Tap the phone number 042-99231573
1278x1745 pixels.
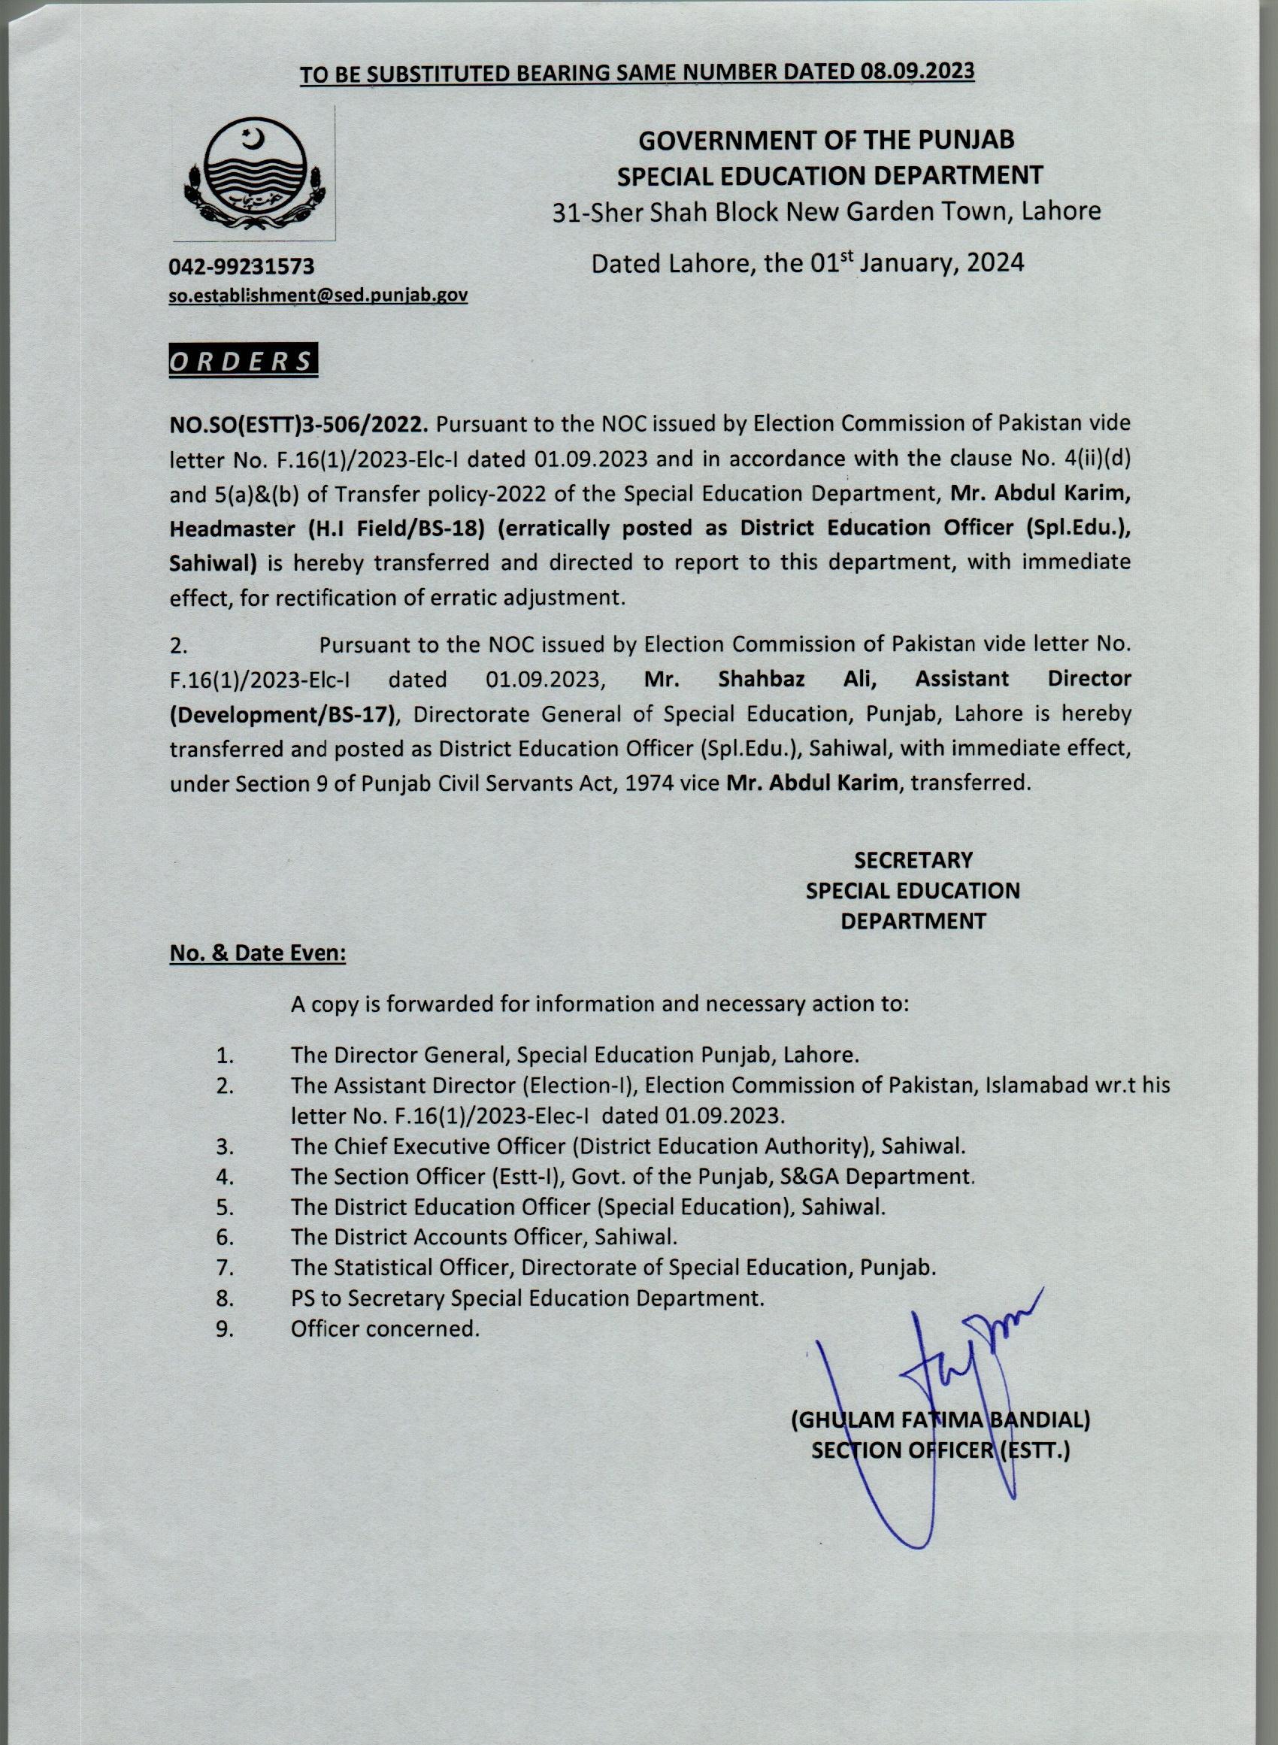241,267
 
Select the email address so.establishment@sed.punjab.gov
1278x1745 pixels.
318,295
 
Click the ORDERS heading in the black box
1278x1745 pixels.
242,362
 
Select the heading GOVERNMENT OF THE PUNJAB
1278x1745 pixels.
825,140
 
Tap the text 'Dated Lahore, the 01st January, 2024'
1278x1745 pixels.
807,263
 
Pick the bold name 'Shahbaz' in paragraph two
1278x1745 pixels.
762,679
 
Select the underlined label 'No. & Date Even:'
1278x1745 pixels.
258,954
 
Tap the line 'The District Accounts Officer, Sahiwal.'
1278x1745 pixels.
484,1237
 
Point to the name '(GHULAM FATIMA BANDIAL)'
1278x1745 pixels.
939,1420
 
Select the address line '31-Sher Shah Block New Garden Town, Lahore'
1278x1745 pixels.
826,211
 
